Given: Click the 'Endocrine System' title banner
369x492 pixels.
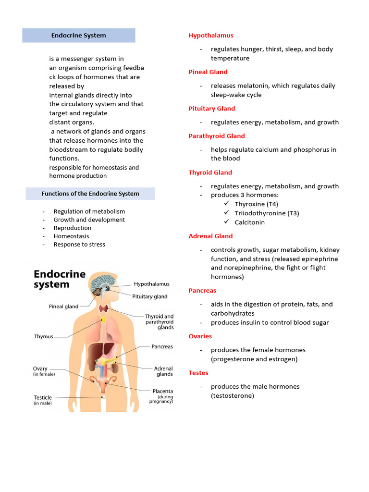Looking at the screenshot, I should (79, 36).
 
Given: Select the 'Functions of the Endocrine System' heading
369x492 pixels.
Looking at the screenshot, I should (90, 194).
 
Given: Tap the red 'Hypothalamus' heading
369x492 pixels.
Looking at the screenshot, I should (211, 36).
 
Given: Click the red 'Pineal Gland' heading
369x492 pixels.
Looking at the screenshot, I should (208, 72).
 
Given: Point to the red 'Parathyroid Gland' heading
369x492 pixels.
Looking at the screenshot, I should (217, 136).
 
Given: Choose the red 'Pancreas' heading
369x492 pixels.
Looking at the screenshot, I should (202, 291).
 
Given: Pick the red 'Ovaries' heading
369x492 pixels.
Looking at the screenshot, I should (200, 336).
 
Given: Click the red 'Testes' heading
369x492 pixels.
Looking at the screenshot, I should (198, 373).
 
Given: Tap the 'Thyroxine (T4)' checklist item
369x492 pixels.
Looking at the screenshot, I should (256, 204).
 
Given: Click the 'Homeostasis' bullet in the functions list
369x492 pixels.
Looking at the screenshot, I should (72, 236).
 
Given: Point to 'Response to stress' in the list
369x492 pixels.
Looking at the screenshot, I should (79, 244).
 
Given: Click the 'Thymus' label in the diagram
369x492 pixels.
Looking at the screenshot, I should (44, 337).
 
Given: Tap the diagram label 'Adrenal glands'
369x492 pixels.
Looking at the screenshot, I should (164, 371).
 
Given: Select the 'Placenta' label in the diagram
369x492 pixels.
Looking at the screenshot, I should (163, 391).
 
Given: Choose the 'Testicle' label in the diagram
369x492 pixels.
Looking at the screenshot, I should (43, 398).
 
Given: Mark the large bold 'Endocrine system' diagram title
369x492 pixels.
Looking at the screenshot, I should (59, 279).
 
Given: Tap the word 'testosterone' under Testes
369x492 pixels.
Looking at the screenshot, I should (233, 396).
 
